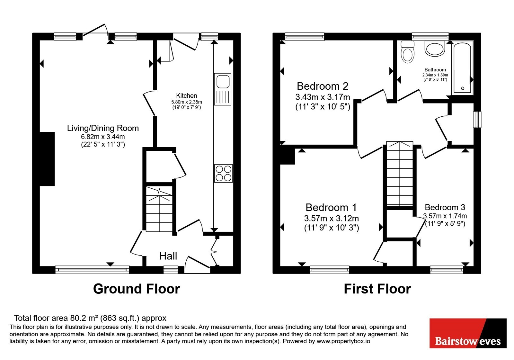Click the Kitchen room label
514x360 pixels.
coord(187,95)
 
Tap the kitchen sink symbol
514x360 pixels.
coord(223,89)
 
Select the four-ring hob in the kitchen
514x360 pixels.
coord(224,173)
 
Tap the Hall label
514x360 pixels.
coord(168,256)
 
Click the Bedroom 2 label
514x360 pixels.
coord(323,86)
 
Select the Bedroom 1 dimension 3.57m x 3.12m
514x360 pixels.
coord(331,218)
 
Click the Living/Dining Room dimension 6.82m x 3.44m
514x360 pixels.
coord(103,137)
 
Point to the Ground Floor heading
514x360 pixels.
coord(137,289)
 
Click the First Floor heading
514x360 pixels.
coord(377,289)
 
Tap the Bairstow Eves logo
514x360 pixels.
coord(468,333)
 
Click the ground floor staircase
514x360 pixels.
coord(159,209)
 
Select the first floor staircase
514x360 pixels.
coord(400,174)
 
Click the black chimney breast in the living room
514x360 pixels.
coord(47,159)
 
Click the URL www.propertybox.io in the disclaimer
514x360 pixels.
coord(343,341)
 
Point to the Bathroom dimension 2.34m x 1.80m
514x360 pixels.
coord(435,75)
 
